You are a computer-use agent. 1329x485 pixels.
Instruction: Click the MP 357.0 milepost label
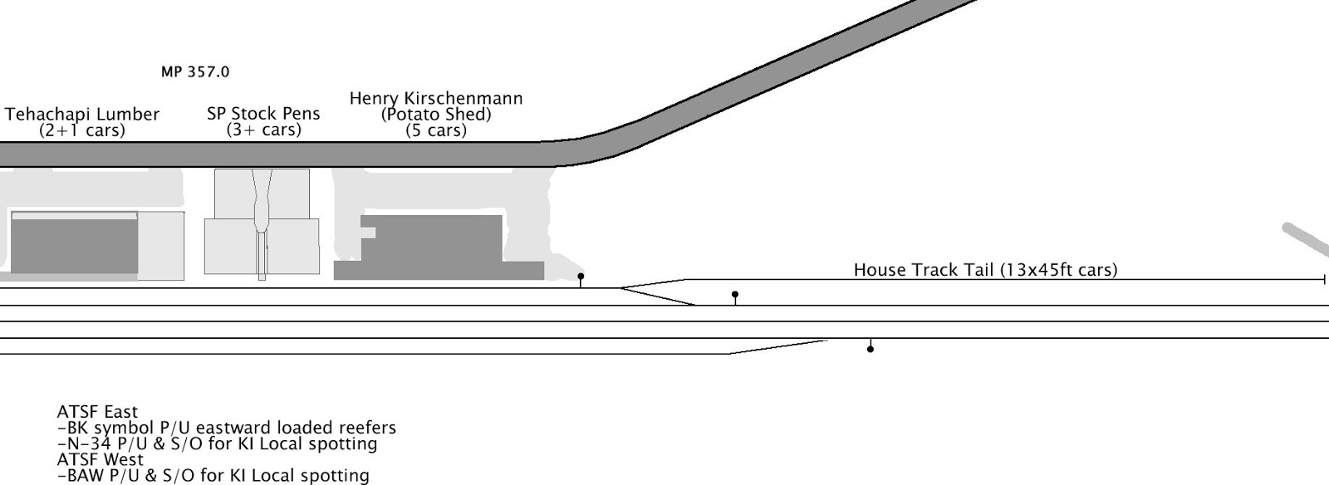pyautogui.click(x=195, y=72)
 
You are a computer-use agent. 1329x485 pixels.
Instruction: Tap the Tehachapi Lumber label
pyautogui.click(x=82, y=115)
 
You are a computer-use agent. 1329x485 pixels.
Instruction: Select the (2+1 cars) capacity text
pyautogui.click(x=82, y=130)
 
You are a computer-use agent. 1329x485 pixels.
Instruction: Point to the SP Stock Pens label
pyautogui.click(x=263, y=114)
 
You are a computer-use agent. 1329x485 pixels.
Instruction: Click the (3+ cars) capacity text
pyautogui.click(x=263, y=130)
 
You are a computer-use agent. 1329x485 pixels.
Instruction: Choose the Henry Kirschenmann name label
pyautogui.click(x=436, y=99)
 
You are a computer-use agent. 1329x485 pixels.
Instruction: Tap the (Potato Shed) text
pyautogui.click(x=436, y=115)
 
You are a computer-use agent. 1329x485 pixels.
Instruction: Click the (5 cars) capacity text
pyautogui.click(x=436, y=130)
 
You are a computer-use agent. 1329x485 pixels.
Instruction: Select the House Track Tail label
pyautogui.click(x=986, y=270)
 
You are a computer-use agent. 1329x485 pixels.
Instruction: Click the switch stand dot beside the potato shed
pyautogui.click(x=581, y=277)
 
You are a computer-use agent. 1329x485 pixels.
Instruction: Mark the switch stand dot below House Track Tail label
pyautogui.click(x=735, y=295)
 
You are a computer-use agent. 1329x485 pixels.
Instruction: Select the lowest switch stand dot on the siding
pyautogui.click(x=870, y=349)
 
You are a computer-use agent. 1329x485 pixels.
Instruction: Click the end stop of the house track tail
pyautogui.click(x=1324, y=280)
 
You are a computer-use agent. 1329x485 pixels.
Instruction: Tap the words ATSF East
pyautogui.click(x=97, y=412)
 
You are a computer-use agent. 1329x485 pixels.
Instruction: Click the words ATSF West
pyautogui.click(x=100, y=459)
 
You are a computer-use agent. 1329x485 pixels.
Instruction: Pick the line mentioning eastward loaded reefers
pyautogui.click(x=227, y=428)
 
